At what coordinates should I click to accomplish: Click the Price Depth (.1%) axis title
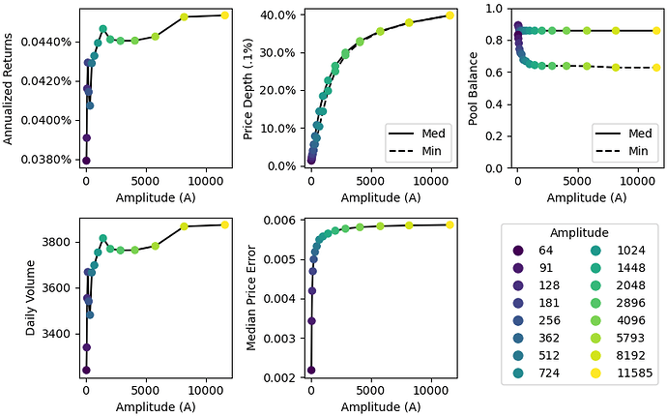pyautogui.click(x=249, y=87)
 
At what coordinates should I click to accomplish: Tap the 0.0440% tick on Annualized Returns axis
pyautogui.click(x=46, y=42)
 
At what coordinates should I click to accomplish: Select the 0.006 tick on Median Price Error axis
pyautogui.click(x=282, y=221)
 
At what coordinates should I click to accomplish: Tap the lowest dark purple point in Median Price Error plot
pyautogui.click(x=311, y=370)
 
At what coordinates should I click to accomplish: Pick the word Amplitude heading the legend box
pyautogui.click(x=578, y=233)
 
